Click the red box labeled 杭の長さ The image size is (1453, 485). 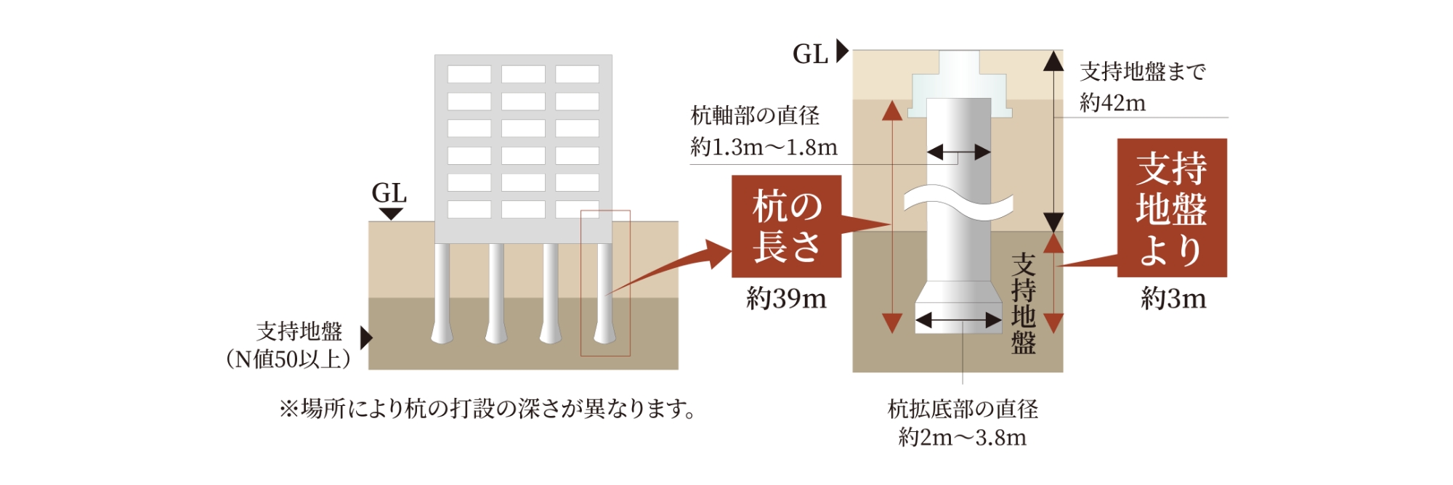pyautogui.click(x=786, y=227)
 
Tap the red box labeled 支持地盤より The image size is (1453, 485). pyautogui.click(x=1171, y=208)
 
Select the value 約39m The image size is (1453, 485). pyautogui.click(x=786, y=298)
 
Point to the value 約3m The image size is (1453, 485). pyautogui.click(x=1173, y=298)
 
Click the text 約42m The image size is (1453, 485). pyautogui.click(x=1112, y=103)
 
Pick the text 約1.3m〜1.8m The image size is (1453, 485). pyautogui.click(x=764, y=147)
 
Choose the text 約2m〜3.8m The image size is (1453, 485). pyautogui.click(x=962, y=438)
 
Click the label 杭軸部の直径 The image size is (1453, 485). pyautogui.click(x=755, y=115)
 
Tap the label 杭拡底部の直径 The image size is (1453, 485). pyautogui.click(x=963, y=409)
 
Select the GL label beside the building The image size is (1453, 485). pyautogui.click(x=389, y=193)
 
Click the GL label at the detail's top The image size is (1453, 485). pyautogui.click(x=810, y=54)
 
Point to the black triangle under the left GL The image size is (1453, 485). pyautogui.click(x=391, y=214)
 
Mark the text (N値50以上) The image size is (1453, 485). pyautogui.click(x=288, y=359)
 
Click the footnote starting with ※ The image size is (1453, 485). pyautogui.click(x=487, y=409)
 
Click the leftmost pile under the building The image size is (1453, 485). pyautogui.click(x=441, y=294)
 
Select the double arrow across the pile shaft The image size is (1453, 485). pyautogui.click(x=959, y=152)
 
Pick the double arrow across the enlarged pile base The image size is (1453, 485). pyautogui.click(x=958, y=320)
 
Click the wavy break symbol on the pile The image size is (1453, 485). pyautogui.click(x=958, y=203)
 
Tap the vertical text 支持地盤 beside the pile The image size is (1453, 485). pyautogui.click(x=1023, y=303)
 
